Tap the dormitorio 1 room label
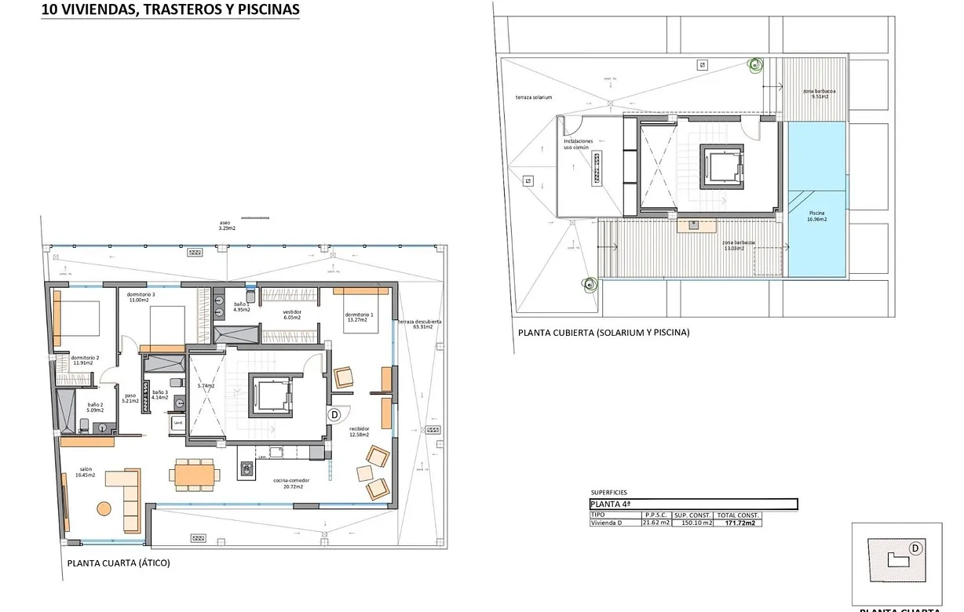click(359, 317)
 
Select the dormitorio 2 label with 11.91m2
click(81, 360)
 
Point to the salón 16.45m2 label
click(86, 472)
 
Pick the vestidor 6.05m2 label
click(292, 315)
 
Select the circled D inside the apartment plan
click(334, 413)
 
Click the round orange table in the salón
click(104, 508)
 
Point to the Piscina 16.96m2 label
click(816, 216)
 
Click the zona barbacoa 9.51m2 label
click(818, 94)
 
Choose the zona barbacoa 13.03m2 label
click(738, 246)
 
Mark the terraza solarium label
click(534, 97)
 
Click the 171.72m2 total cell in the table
click(738, 523)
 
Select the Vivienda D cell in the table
click(608, 523)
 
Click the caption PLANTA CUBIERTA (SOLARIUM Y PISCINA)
click(603, 333)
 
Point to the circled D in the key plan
click(915, 548)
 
